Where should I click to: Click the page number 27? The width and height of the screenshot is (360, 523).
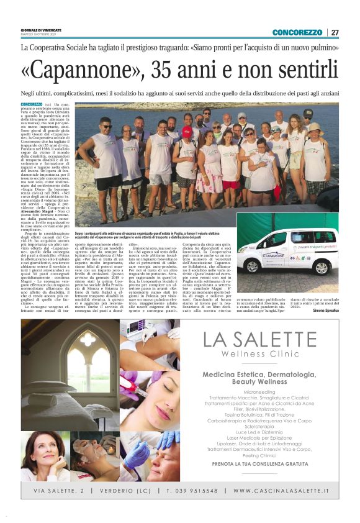[335, 32]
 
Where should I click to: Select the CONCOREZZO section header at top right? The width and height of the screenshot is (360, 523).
[297, 32]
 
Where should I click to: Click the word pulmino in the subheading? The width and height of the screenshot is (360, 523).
[322, 48]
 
